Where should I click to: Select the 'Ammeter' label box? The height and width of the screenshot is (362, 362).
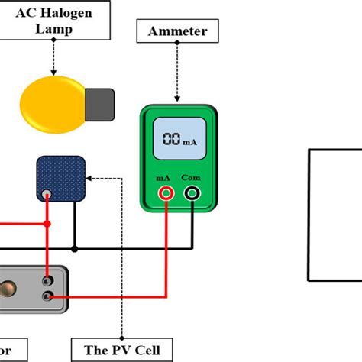176,31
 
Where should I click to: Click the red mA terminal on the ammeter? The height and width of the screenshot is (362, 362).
165,194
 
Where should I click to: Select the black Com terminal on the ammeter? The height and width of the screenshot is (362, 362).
191,194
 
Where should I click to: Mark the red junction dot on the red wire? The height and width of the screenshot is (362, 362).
48,224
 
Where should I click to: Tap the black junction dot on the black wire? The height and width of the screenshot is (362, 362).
74,248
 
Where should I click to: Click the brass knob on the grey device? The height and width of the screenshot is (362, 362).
11,289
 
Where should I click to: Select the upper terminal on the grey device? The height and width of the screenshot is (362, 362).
48,280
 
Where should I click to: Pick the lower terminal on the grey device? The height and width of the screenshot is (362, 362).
48,296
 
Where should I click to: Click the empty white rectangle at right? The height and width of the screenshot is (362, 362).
335,216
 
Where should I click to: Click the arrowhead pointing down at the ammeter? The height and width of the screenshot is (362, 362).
176,97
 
